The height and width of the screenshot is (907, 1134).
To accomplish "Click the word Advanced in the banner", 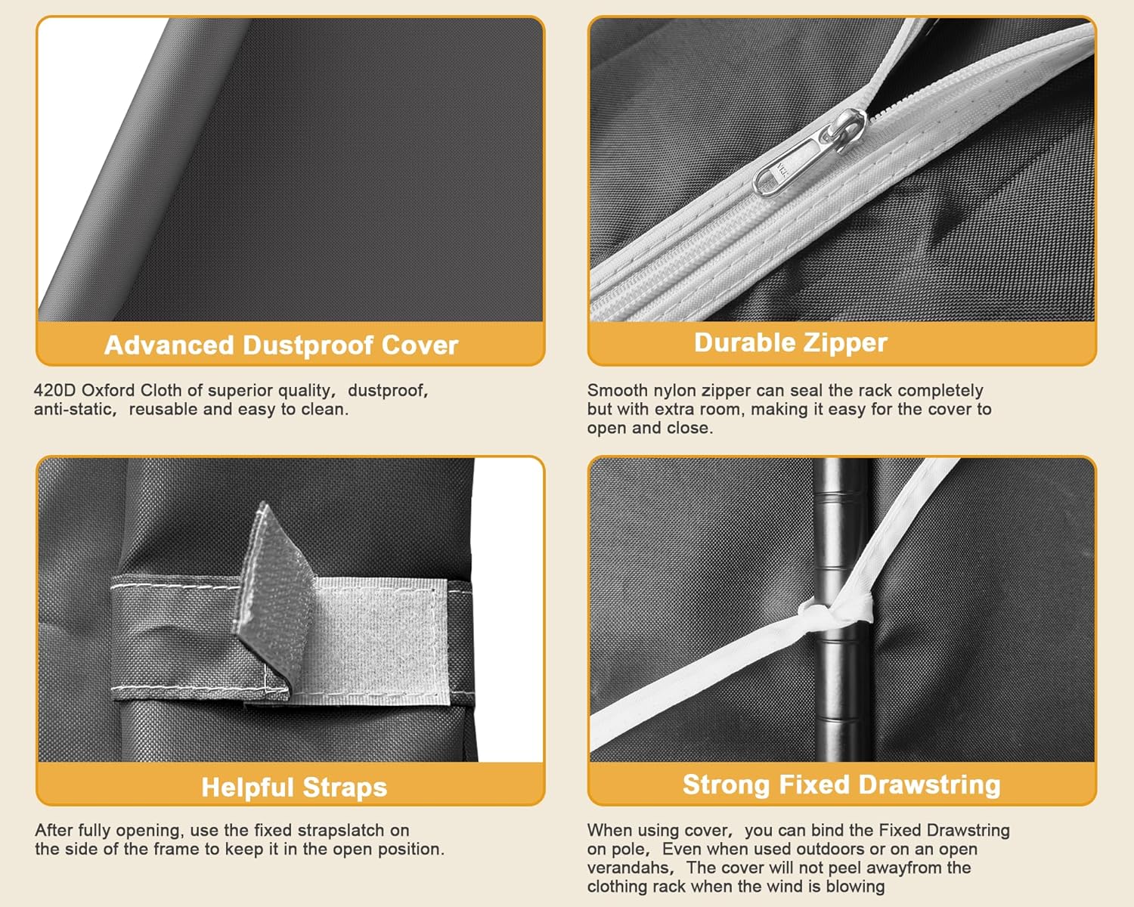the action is click(169, 345).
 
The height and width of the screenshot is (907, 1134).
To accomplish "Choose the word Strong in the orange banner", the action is click(728, 785).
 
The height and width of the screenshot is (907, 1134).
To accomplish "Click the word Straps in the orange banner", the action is click(345, 788).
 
